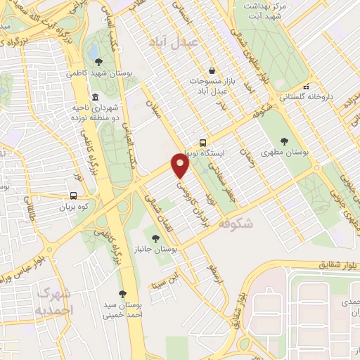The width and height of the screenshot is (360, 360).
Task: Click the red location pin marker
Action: (x=181, y=166)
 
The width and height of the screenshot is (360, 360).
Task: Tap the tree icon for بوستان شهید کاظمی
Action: (x=98, y=62)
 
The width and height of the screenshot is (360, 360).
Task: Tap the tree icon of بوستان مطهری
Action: (x=285, y=141)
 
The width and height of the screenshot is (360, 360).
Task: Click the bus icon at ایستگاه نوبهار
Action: (x=202, y=141)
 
